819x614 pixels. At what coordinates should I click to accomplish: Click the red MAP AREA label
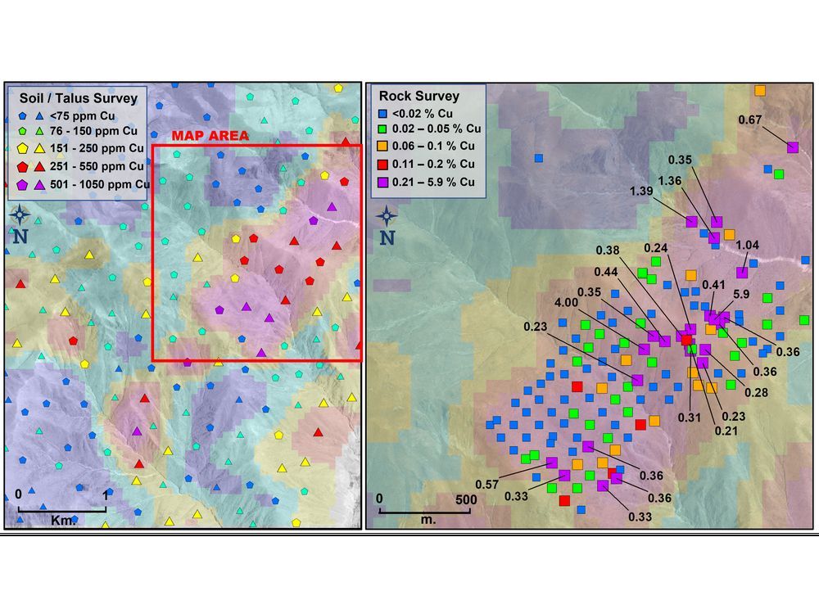210,136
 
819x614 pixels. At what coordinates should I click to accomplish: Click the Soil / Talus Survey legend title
78,98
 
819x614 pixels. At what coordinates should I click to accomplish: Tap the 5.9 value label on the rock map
742,295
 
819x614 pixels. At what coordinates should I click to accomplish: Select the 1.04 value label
749,245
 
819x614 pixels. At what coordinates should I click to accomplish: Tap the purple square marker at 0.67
792,147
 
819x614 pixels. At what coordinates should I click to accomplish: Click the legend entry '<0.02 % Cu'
426,113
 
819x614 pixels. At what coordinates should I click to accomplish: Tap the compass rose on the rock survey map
387,217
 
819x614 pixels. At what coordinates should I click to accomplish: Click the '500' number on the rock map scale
465,499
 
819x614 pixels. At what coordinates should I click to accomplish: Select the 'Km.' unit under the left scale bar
61,520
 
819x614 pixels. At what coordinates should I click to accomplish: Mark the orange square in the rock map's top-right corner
759,90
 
